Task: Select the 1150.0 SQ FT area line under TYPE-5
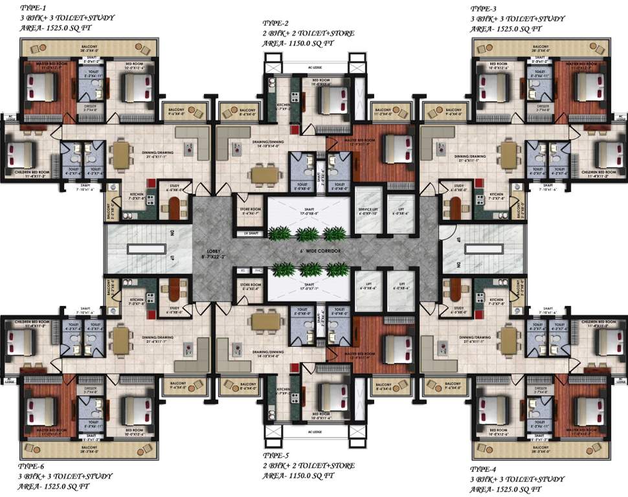coord(298,475)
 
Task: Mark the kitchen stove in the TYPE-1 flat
coord(150,199)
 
